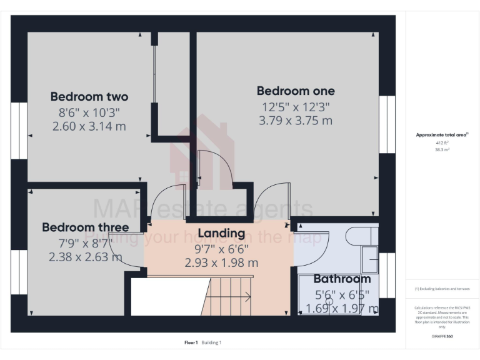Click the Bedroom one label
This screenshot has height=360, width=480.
pyautogui.click(x=296, y=91)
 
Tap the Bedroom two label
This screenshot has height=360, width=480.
pyautogui.click(x=89, y=97)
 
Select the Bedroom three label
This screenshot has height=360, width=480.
pyautogui.click(x=86, y=227)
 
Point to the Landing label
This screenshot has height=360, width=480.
pyautogui.click(x=221, y=233)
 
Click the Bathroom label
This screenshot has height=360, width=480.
pyautogui.click(x=342, y=279)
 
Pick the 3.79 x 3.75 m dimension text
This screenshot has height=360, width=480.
pyautogui.click(x=296, y=121)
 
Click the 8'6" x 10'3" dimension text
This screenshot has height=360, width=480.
pyautogui.click(x=89, y=112)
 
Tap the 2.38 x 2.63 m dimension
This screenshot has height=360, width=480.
pyautogui.click(x=86, y=256)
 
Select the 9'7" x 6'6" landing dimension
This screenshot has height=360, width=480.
pyautogui.click(x=221, y=248)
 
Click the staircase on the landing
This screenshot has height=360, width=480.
pyautogui.click(x=229, y=297)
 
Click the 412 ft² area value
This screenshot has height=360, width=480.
pyautogui.click(x=442, y=142)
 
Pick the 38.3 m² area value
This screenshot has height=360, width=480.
pyautogui.click(x=442, y=150)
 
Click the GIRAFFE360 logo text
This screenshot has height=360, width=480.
pyautogui.click(x=442, y=336)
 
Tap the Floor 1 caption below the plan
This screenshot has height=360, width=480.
pyautogui.click(x=191, y=342)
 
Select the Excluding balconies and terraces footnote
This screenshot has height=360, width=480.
pyautogui.click(x=442, y=289)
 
